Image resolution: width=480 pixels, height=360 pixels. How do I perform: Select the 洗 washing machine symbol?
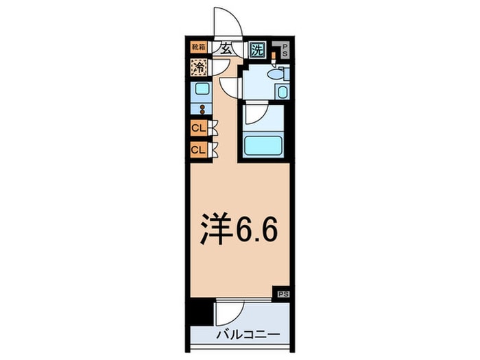tap(256, 49)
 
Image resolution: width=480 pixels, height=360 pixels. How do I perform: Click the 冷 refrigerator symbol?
tap(199, 68)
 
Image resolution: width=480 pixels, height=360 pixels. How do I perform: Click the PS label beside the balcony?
tap(283, 293)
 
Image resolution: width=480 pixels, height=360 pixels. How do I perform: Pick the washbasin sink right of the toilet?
tap(282, 92)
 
